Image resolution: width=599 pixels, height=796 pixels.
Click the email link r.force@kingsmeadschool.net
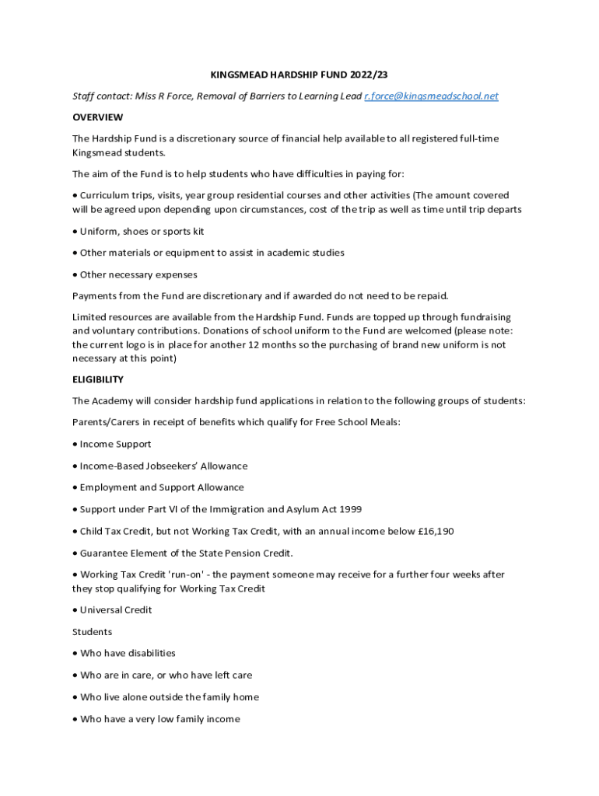[431, 96]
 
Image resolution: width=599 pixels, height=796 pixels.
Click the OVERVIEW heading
[97, 117]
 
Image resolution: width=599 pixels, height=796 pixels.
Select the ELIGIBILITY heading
[98, 379]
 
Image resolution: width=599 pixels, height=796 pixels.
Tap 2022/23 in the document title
[370, 75]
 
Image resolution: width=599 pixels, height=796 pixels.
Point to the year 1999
[350, 510]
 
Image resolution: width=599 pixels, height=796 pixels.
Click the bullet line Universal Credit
[116, 610]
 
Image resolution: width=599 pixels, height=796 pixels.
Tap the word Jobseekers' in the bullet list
[177, 466]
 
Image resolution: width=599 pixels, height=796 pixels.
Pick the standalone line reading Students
[92, 632]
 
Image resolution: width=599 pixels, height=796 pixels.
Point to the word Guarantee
[105, 553]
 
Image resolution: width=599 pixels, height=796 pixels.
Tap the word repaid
[430, 296]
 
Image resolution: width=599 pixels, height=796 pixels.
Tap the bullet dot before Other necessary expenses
[75, 275]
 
